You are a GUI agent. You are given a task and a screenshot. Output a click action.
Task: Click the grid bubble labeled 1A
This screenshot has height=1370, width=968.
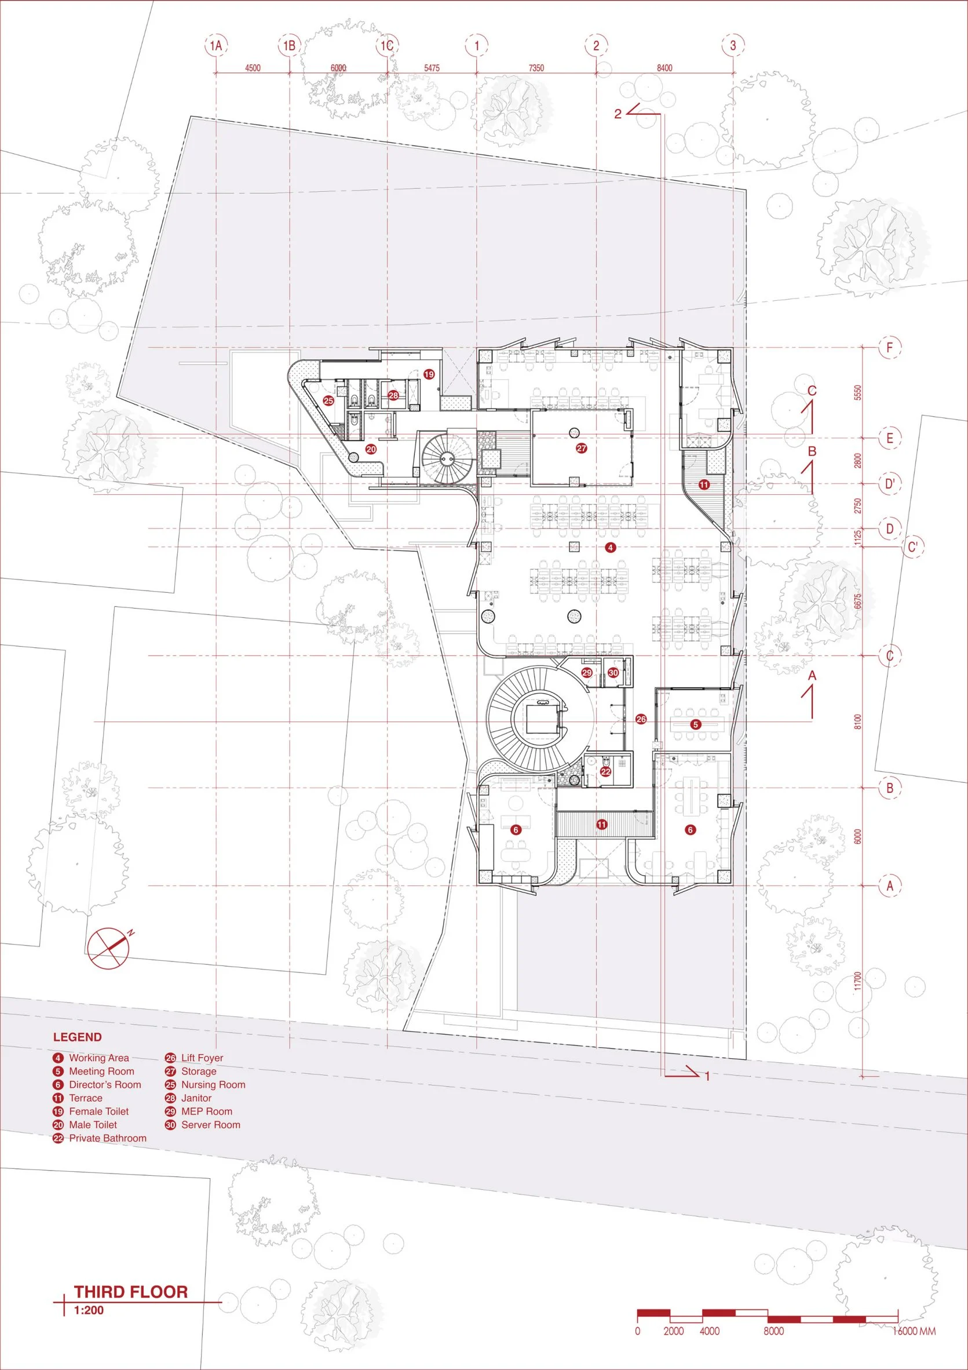click(216, 45)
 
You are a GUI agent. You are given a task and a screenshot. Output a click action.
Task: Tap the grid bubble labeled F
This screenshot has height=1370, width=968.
click(890, 347)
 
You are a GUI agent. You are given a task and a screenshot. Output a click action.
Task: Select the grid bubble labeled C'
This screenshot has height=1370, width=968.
click(912, 547)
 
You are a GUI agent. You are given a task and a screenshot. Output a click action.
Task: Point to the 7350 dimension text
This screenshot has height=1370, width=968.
click(536, 68)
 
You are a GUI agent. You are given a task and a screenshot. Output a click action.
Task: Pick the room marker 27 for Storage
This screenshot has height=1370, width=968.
click(582, 448)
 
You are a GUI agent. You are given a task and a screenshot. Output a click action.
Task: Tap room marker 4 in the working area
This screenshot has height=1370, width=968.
click(609, 547)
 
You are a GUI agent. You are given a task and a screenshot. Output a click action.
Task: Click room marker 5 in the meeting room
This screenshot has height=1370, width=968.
click(695, 724)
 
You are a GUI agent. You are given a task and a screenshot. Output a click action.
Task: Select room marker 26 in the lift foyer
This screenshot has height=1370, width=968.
click(641, 720)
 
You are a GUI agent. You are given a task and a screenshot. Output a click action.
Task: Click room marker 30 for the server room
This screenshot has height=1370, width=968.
click(613, 673)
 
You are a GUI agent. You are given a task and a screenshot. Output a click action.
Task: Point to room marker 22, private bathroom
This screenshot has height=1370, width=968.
click(606, 771)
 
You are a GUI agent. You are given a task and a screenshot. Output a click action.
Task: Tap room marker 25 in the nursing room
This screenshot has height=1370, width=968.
click(328, 401)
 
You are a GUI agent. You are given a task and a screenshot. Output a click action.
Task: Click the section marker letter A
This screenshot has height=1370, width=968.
click(811, 676)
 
